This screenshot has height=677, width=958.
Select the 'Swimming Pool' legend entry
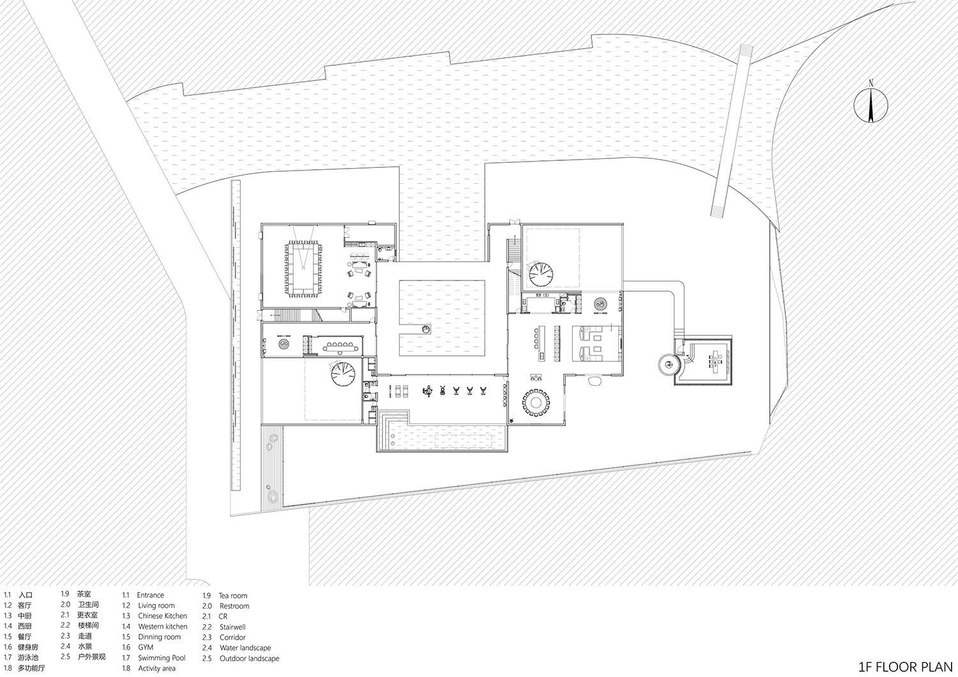tap(162, 658)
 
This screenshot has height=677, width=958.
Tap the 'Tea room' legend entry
tap(232, 595)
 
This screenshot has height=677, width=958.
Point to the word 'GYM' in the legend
tap(146, 647)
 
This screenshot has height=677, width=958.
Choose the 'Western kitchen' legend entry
tap(162, 627)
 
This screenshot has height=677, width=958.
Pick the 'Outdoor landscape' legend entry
tap(249, 658)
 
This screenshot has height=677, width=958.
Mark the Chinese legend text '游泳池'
tap(31, 658)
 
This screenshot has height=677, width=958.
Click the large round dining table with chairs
tap(536, 402)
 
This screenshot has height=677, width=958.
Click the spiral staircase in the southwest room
tap(344, 374)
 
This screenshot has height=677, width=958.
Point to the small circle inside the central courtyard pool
tap(426, 330)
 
